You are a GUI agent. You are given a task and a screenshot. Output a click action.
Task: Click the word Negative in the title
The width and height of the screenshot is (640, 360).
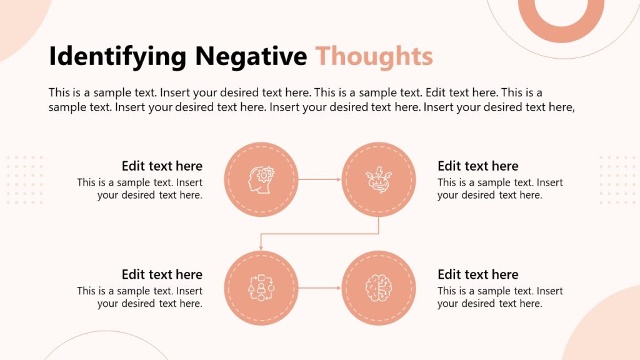coord(251,56)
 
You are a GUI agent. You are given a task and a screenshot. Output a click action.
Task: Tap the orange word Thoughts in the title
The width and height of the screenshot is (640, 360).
coord(374,56)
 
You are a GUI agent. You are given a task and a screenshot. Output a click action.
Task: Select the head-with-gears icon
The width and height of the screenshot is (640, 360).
coord(261,179)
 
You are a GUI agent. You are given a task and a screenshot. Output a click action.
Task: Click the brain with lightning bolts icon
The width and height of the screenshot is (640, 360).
coord(378,179)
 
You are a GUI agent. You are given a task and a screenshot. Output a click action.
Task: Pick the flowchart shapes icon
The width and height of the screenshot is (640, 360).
coord(261,288)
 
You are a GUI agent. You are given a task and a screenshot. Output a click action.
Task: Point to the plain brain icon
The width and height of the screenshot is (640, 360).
coord(378,288)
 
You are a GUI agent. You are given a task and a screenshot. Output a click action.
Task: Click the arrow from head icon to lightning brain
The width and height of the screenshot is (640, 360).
coord(319,179)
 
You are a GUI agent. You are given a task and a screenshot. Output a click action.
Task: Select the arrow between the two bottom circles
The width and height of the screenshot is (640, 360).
coord(319,288)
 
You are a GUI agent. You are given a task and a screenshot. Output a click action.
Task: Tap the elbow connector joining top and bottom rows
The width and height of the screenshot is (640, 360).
coord(319,234)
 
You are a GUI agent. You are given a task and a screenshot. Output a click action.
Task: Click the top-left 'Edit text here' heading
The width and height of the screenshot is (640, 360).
coord(162,166)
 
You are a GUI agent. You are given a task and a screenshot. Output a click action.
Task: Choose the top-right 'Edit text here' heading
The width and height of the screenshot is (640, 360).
coord(478,166)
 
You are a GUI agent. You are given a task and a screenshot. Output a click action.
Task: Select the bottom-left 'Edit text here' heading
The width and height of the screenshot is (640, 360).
coord(162,274)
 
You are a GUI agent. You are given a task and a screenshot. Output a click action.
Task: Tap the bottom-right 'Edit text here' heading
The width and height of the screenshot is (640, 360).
coord(478,274)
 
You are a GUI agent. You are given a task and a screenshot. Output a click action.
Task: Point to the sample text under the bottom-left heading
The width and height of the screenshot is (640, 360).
coord(140,297)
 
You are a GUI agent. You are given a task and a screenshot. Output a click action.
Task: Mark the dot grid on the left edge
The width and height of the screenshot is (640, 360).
coord(24,179)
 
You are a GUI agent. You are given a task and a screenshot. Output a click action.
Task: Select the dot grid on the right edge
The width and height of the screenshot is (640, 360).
coord(617,179)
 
